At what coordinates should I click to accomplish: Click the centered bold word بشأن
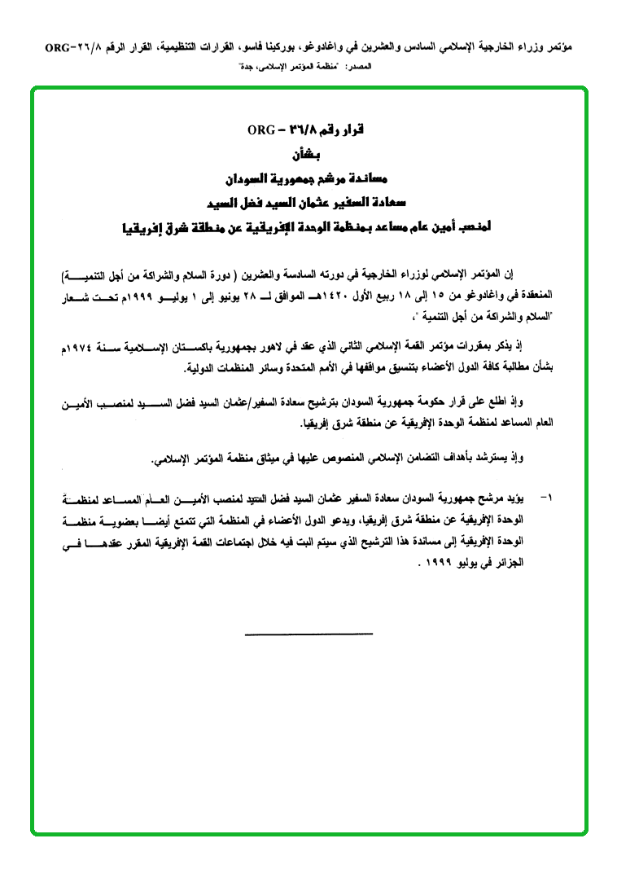click(x=306, y=153)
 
